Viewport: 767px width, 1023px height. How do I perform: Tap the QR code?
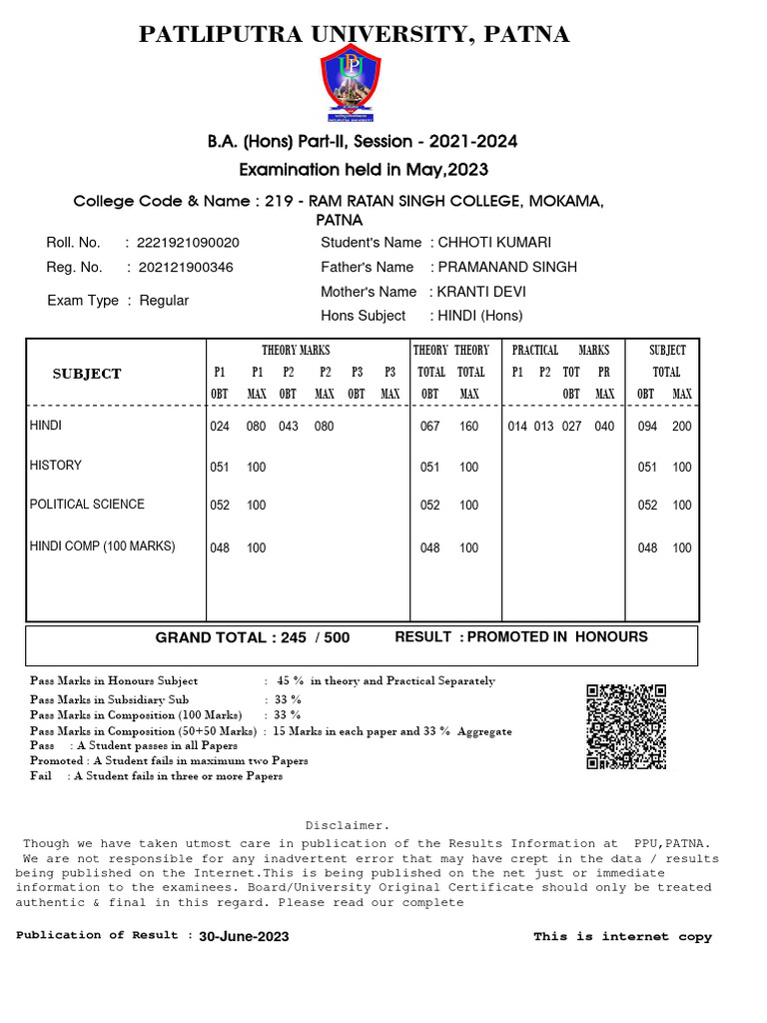click(626, 726)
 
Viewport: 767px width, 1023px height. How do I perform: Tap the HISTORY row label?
click(56, 466)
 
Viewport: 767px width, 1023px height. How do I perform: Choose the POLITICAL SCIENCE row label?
click(87, 505)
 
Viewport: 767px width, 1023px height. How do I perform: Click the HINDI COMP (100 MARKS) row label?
click(102, 546)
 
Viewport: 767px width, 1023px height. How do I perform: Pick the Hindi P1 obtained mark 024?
click(220, 427)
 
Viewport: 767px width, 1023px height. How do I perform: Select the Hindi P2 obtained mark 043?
click(289, 427)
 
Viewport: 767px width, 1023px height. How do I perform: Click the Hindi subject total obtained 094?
click(647, 427)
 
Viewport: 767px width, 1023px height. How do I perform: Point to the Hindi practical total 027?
click(570, 427)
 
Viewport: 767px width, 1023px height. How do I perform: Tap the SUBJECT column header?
click(87, 374)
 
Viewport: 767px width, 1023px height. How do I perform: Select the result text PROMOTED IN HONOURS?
click(557, 637)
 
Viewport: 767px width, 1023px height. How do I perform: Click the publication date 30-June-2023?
click(244, 937)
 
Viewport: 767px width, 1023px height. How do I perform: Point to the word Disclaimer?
click(347, 825)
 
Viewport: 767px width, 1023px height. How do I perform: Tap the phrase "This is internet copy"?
click(622, 937)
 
